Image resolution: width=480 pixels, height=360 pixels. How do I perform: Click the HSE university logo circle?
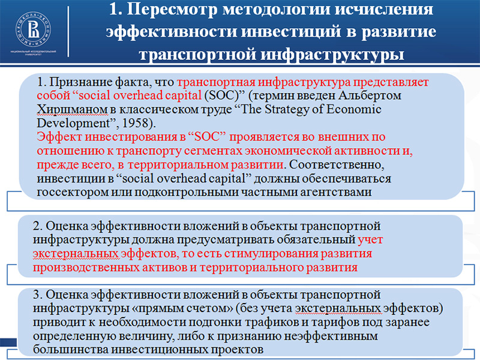pos(34,29)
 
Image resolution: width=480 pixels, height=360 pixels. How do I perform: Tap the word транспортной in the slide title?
pos(197,54)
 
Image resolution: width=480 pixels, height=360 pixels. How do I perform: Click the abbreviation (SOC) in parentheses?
pos(221,95)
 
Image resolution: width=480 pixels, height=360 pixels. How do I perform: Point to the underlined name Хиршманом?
pos(72,109)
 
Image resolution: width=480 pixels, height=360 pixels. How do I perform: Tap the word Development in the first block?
pos(73,123)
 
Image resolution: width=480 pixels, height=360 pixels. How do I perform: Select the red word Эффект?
pos(59,137)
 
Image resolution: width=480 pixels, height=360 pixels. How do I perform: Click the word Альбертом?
pos(370,95)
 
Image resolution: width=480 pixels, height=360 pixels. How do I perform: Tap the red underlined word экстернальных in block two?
pos(76,253)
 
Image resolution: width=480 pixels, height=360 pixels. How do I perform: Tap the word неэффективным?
pos(331,336)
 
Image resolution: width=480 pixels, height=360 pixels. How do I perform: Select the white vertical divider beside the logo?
pos(68,32)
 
